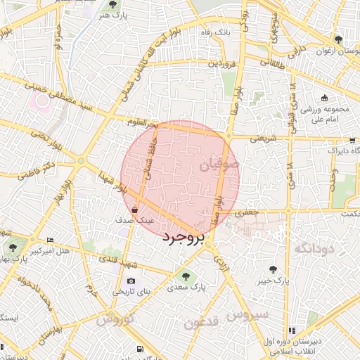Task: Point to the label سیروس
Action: [x=250, y=315]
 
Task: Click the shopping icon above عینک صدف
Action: [x=134, y=209]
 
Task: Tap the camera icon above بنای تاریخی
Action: [x=131, y=282]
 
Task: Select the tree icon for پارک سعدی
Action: [x=186, y=276]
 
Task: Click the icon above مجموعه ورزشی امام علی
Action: [x=324, y=99]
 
